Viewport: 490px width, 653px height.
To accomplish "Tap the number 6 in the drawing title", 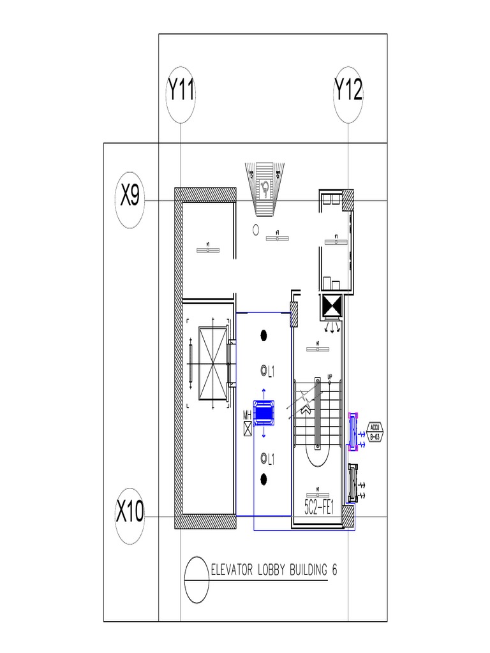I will (334, 570).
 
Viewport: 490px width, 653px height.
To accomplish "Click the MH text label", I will (248, 415).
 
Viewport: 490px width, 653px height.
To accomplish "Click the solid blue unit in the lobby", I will (264, 413).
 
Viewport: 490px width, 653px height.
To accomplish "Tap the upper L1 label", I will (271, 371).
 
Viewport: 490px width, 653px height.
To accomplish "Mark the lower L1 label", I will (271, 458).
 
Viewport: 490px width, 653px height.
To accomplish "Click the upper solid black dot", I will (264, 335).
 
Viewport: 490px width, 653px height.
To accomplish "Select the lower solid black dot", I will (264, 478).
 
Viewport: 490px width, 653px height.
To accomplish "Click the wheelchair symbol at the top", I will (265, 187).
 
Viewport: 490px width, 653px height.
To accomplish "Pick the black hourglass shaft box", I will (332, 307).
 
